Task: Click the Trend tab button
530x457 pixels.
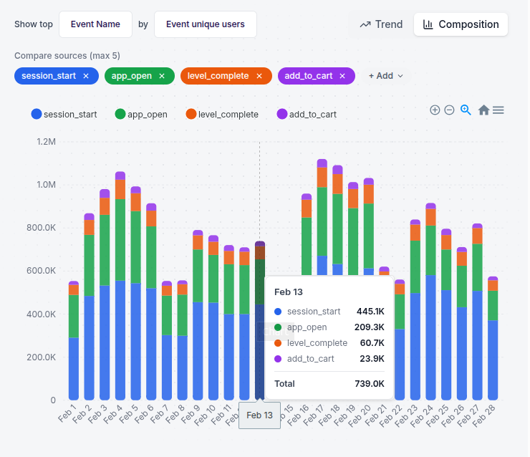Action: point(381,24)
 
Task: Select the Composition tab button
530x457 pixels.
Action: point(461,24)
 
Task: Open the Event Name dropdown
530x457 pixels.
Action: point(95,24)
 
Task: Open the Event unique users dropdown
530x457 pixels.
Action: point(205,24)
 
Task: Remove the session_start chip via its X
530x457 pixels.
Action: point(86,76)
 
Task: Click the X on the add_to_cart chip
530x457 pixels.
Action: point(343,76)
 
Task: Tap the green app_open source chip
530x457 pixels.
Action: point(132,76)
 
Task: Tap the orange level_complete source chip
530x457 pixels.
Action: point(216,76)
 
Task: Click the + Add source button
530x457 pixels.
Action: point(385,76)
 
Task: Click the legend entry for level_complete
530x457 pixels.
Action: point(222,114)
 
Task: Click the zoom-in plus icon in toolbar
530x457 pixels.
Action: point(435,110)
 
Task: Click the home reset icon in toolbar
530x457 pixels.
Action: point(483,110)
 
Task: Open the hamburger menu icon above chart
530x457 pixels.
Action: point(498,110)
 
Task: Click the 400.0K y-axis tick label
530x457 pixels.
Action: point(42,314)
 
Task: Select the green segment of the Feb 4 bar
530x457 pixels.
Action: point(120,239)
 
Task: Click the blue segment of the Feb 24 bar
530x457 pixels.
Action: point(430,337)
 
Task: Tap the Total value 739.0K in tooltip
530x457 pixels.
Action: point(370,384)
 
